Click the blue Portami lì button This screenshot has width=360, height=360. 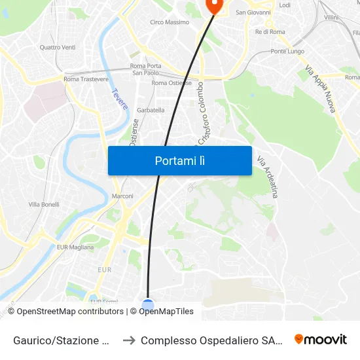(x=179, y=160)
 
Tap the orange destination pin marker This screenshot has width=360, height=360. (x=213, y=5)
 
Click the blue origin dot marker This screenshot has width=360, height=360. (x=148, y=304)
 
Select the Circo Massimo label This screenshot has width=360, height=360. (x=170, y=22)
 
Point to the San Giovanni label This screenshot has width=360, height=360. (x=253, y=12)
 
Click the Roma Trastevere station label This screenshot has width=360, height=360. (x=86, y=79)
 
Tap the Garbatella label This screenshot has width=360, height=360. (x=151, y=110)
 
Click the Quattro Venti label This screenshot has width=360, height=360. (x=58, y=47)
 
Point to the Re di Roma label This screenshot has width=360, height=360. (x=270, y=31)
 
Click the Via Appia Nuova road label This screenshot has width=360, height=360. (x=320, y=88)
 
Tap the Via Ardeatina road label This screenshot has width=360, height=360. (x=267, y=177)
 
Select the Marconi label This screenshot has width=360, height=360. (x=122, y=196)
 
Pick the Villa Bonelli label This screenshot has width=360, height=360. (x=44, y=205)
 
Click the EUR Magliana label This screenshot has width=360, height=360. (x=75, y=247)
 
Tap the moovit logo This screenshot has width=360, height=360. (x=321, y=339)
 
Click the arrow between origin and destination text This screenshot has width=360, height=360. (x=129, y=340)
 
